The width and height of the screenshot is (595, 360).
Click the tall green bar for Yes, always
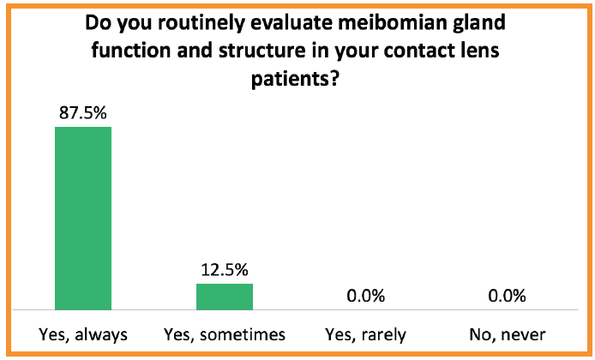pyautogui.click(x=83, y=218)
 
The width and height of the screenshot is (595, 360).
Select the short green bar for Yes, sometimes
pyautogui.click(x=225, y=296)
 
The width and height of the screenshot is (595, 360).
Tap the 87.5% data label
pyautogui.click(x=83, y=111)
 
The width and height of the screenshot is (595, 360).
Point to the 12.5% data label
pyautogui.click(x=225, y=268)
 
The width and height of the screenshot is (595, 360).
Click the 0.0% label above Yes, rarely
pyautogui.click(x=366, y=296)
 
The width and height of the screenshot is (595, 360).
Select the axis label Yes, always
pyautogui.click(x=83, y=334)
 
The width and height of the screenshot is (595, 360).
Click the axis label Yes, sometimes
pyautogui.click(x=225, y=334)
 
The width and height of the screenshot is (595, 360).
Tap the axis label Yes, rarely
pyautogui.click(x=366, y=334)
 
